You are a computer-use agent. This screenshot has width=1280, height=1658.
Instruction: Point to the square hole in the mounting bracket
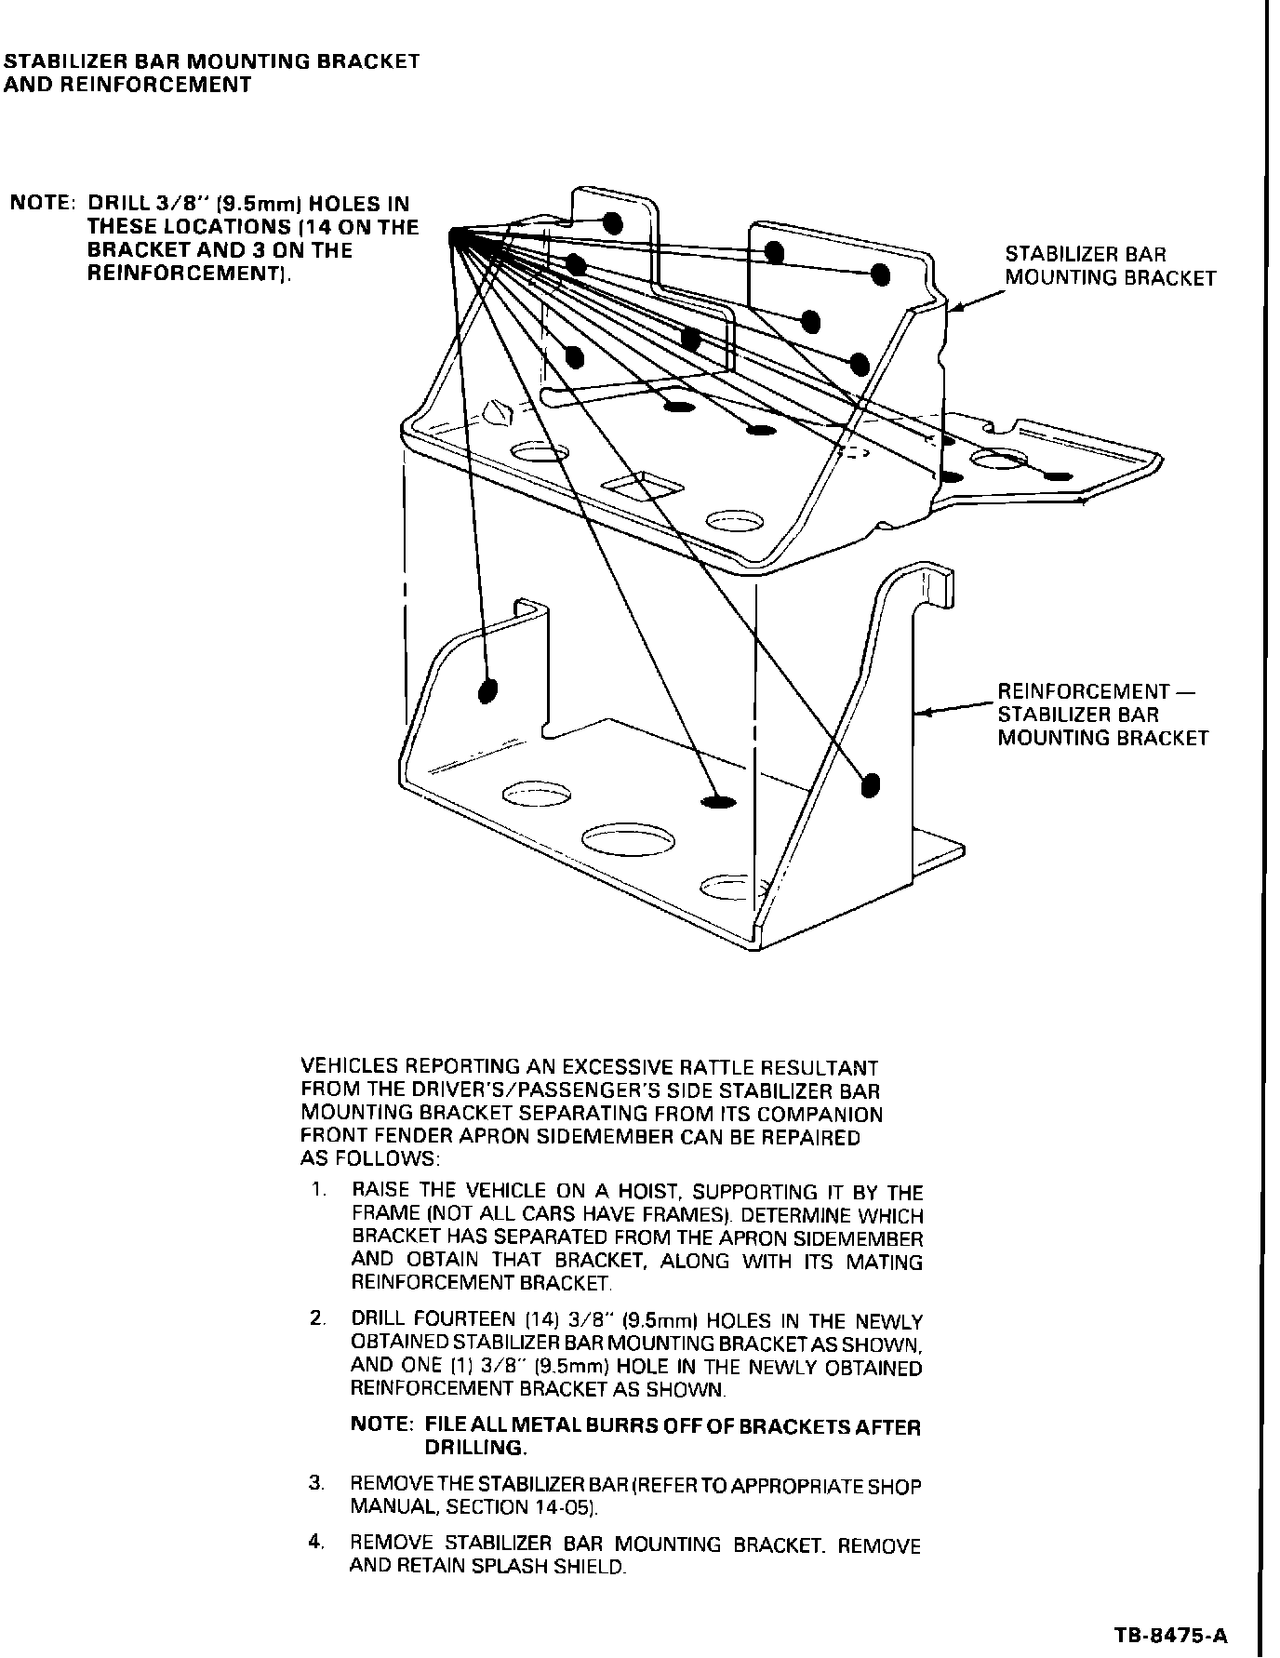pos(643,486)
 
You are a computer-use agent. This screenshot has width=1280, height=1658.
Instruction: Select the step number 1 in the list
pos(318,1190)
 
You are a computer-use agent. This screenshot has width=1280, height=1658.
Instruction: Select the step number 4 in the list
pos(317,1542)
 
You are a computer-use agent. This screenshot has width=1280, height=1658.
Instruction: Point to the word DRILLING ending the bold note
pos(475,1448)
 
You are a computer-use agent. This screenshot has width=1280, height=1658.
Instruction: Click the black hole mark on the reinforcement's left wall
pos(487,690)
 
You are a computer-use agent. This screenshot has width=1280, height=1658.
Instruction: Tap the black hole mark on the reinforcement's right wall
pos(871,785)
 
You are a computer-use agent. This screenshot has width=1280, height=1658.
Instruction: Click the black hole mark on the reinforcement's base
pos(717,802)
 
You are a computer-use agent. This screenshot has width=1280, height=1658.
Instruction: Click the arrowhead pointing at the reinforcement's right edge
pos(920,714)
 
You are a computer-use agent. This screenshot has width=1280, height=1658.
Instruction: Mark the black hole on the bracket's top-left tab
pos(612,222)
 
